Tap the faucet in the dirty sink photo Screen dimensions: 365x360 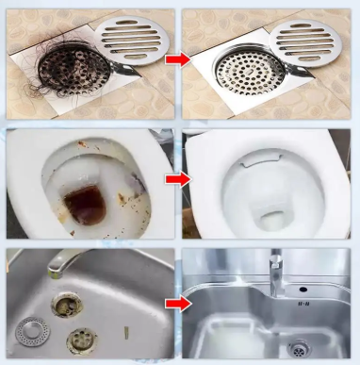(57, 263)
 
